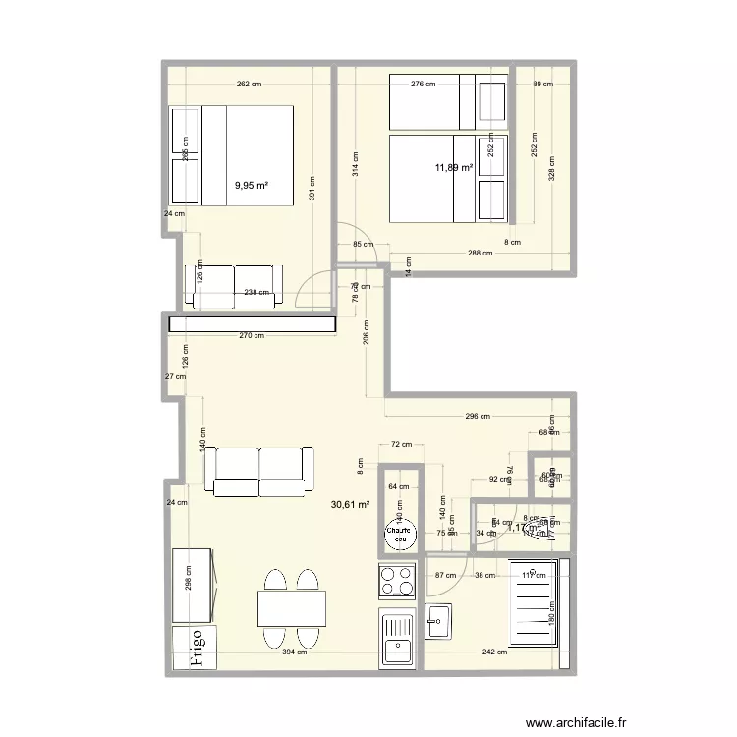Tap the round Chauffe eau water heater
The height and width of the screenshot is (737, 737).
399,536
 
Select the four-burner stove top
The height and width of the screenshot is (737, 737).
399,581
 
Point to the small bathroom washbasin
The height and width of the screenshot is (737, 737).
438,621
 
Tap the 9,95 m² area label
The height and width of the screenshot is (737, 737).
252,185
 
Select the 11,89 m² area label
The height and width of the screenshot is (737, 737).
454,168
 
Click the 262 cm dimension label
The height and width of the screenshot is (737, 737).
250,85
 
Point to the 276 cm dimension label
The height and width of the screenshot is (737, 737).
424,85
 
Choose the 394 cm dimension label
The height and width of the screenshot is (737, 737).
296,652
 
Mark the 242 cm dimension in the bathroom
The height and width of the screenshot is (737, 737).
494,652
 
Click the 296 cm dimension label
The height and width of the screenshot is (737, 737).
478,416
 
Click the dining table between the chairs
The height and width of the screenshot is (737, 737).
292,608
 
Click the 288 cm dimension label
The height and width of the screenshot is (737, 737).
480,255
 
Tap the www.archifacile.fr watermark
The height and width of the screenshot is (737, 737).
570,722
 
